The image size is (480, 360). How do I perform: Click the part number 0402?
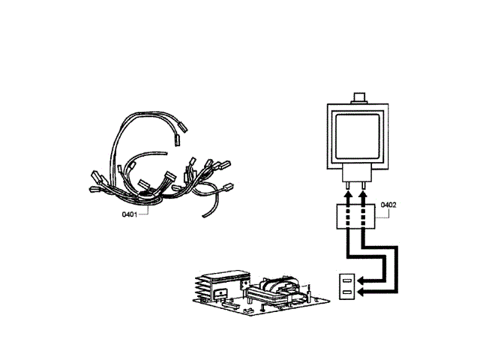[x=388, y=205]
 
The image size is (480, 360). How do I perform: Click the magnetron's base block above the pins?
[x=357, y=175]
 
